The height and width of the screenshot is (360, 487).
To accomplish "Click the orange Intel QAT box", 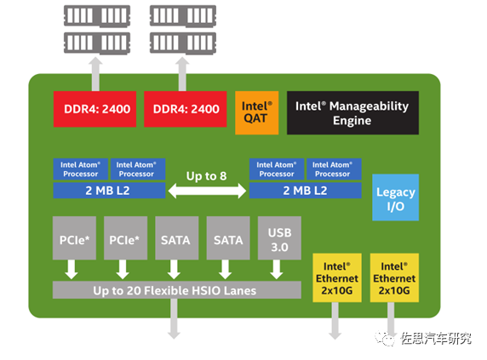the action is [256, 112].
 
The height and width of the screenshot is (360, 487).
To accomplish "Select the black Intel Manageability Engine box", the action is [352, 112].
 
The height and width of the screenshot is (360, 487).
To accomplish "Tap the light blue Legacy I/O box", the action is [395, 197].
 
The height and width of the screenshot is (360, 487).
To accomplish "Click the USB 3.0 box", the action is [279, 238].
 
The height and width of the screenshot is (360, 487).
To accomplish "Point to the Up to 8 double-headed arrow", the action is [207, 191].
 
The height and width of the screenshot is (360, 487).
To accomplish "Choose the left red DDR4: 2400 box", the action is [95, 109].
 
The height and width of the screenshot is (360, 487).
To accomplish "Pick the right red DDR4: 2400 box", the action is [185, 109].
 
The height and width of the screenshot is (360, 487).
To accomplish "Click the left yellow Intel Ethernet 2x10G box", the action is [337, 277].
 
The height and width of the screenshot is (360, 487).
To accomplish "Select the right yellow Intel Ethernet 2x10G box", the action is [394, 277].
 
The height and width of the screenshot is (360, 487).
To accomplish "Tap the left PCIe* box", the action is [74, 238].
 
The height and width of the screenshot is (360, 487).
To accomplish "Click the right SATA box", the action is [228, 238].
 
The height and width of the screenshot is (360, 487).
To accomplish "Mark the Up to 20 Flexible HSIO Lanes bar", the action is [177, 290].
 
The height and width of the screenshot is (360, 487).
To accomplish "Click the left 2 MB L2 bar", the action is [109, 191].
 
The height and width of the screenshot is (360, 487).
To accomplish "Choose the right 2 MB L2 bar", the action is [306, 191].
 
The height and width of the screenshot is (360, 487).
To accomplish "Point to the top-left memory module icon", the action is [97, 16].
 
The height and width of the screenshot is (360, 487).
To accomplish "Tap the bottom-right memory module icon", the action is [183, 43].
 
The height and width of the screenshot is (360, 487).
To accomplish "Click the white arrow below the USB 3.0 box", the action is [276, 270].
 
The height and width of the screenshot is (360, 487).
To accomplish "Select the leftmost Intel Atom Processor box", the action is [80, 169].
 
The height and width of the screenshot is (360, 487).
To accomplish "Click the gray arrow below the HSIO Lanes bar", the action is [174, 319].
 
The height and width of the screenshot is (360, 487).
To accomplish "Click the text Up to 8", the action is [207, 176].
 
